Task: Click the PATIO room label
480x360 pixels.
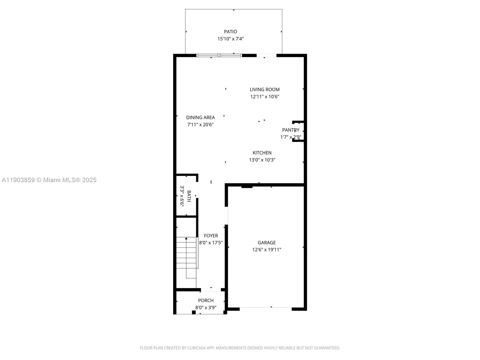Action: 230,31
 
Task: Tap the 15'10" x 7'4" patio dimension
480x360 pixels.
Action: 230,39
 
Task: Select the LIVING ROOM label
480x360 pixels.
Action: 265,89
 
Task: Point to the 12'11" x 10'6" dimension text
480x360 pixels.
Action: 265,97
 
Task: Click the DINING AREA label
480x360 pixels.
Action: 200,117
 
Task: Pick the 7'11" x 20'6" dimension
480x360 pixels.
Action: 200,124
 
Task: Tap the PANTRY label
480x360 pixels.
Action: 290,130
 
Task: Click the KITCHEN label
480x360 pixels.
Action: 262,153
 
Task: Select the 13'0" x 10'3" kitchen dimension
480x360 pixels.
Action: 262,160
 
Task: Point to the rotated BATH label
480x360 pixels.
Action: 189,196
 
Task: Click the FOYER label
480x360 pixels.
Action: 211,236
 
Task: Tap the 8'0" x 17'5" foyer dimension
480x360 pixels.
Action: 211,243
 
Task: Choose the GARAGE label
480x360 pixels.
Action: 266,242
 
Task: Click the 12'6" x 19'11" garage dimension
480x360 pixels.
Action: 266,250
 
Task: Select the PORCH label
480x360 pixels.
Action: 206,300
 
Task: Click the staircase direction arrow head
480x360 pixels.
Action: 186,238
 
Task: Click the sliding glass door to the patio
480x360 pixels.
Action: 219,55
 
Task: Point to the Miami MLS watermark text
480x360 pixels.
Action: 49,180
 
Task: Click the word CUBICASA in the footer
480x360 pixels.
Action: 196,348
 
